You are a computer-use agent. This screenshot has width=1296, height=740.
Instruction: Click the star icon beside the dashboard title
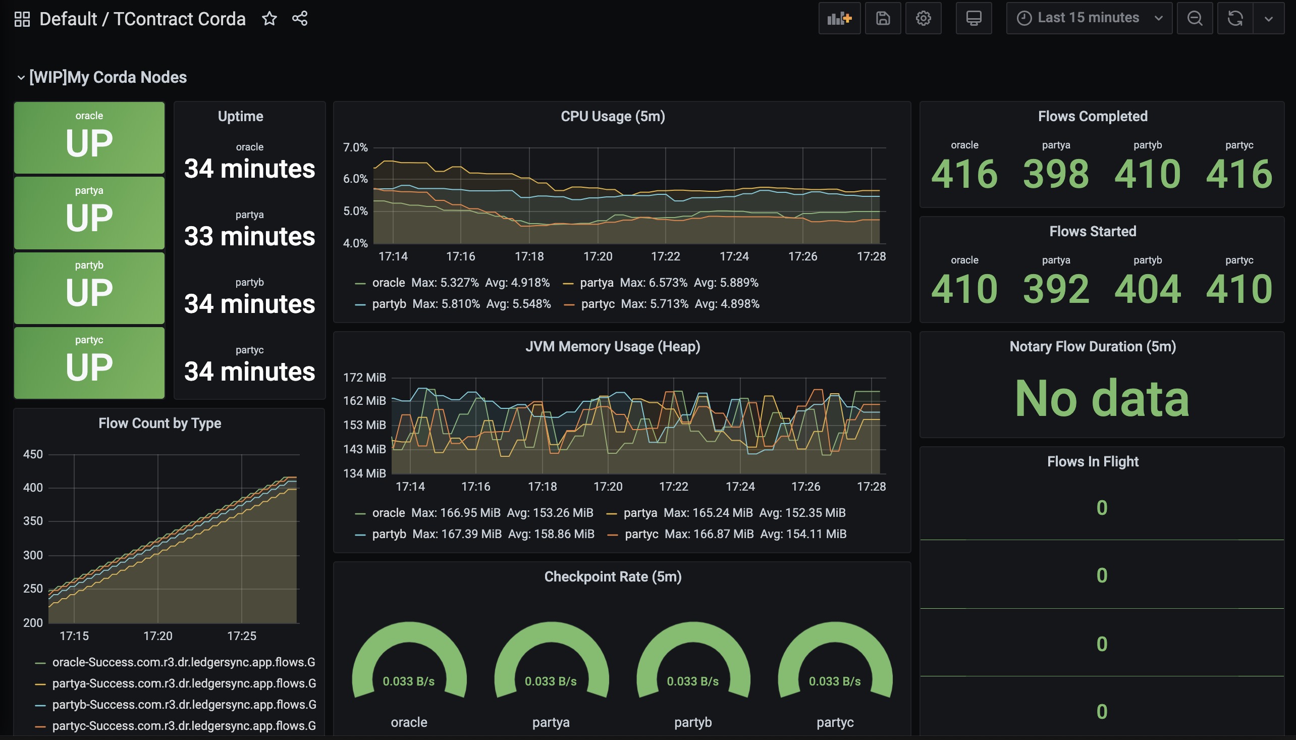click(269, 19)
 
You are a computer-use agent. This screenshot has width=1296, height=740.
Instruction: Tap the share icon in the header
click(300, 19)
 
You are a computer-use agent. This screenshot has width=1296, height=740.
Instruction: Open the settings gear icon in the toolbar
click(923, 18)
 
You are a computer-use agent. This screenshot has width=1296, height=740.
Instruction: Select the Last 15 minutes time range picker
click(1089, 18)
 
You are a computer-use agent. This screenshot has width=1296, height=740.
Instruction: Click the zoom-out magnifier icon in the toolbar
click(1195, 18)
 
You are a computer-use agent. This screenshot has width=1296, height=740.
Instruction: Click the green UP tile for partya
click(89, 213)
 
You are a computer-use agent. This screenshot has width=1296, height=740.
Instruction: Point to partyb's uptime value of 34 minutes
click(249, 304)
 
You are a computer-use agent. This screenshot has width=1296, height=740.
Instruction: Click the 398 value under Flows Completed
click(1056, 174)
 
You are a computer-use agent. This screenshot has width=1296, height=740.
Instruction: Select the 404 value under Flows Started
click(1147, 289)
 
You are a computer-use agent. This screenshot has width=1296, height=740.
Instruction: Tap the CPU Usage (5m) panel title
click(613, 117)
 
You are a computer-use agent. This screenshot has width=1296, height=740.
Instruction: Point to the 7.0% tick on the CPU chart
click(355, 147)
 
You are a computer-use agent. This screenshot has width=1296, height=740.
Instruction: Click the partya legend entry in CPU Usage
click(661, 283)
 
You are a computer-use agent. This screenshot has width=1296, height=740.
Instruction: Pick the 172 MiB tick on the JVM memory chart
click(364, 378)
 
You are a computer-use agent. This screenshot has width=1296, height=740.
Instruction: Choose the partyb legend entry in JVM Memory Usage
click(474, 534)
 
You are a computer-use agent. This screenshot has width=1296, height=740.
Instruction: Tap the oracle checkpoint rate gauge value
click(408, 681)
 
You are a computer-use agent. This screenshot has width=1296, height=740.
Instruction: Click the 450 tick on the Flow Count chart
click(33, 454)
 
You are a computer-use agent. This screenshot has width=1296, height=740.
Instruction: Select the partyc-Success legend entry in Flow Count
click(175, 726)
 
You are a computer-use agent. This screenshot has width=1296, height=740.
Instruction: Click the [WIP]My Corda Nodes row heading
click(107, 77)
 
